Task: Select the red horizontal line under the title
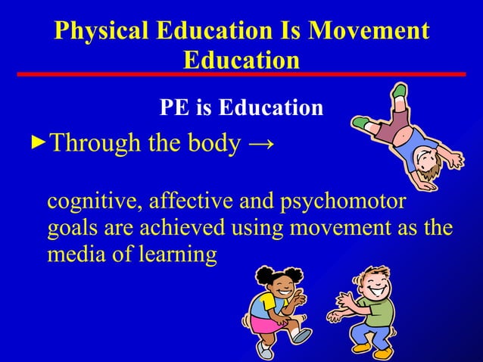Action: (x=241, y=73)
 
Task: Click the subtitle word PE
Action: (x=175, y=108)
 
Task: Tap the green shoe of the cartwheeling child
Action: (x=399, y=92)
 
